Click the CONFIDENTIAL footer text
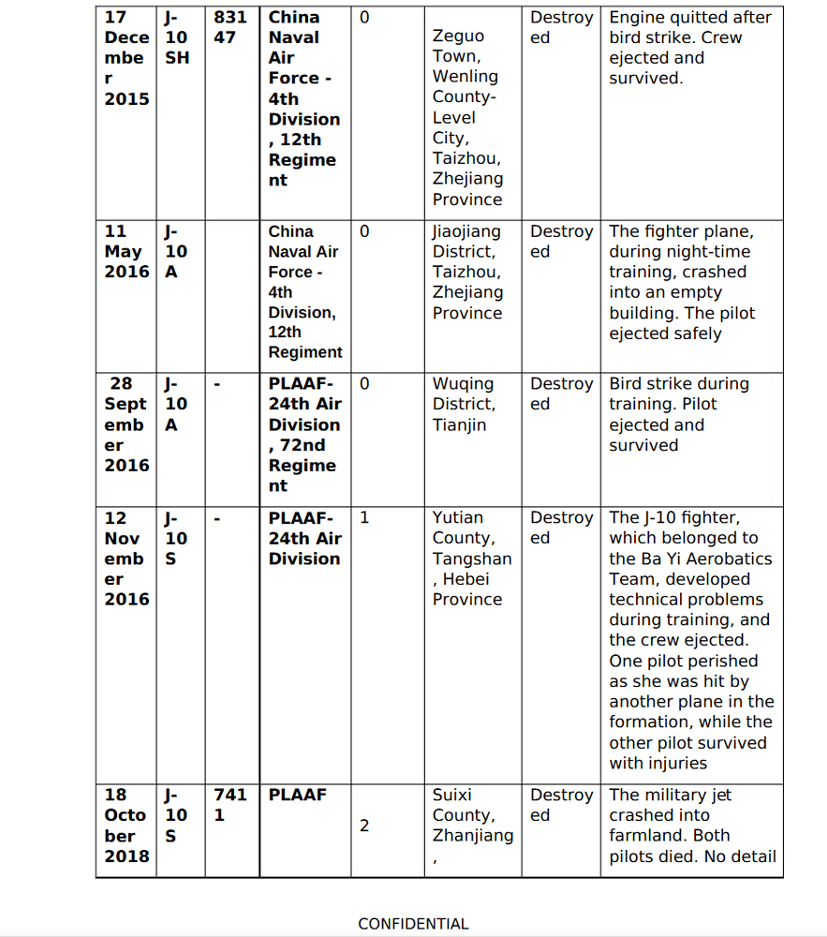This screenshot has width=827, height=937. (x=413, y=924)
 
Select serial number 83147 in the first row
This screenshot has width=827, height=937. (x=230, y=27)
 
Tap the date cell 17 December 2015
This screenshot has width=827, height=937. (x=126, y=57)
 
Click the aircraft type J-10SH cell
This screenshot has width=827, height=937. (x=177, y=37)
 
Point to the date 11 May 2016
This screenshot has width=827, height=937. (x=126, y=251)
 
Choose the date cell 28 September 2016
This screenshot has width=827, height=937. (x=126, y=424)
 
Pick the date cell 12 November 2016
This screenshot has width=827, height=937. (x=126, y=558)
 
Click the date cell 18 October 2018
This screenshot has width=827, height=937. (x=126, y=825)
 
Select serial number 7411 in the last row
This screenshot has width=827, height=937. (x=230, y=804)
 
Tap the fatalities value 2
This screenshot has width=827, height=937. (x=364, y=825)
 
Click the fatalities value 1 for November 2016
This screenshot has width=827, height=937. (x=364, y=517)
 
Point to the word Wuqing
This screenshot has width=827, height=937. (x=463, y=383)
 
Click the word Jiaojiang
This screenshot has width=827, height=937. (x=466, y=231)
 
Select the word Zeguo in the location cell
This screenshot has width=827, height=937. (x=459, y=37)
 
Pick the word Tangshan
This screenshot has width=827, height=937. (x=472, y=558)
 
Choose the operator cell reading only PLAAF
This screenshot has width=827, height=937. (x=298, y=795)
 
